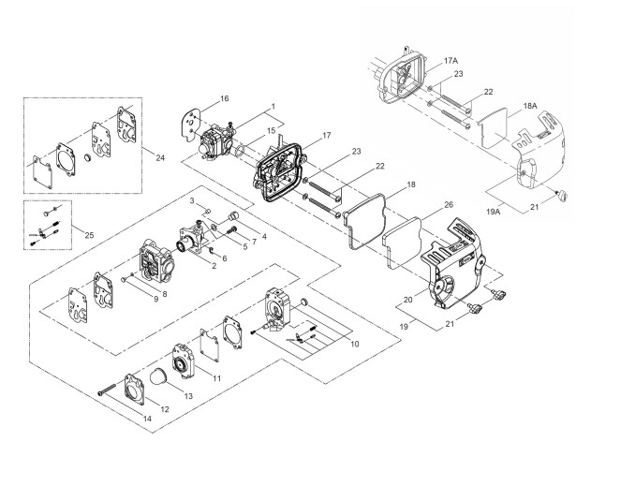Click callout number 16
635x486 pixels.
coord(224,98)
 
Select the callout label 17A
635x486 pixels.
coord(451,58)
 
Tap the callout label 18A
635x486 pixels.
coord(530,107)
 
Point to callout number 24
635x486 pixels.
coord(160,157)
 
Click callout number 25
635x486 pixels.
coord(90,230)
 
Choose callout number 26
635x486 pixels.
coord(449,204)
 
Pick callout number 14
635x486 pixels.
coord(146,419)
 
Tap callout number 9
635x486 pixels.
coord(155,298)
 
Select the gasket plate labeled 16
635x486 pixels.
coord(191,123)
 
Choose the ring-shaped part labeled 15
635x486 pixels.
coord(241,147)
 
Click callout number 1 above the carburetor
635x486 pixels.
coord(273,106)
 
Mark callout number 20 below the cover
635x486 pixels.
coord(407,299)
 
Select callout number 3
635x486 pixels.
coord(191,201)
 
